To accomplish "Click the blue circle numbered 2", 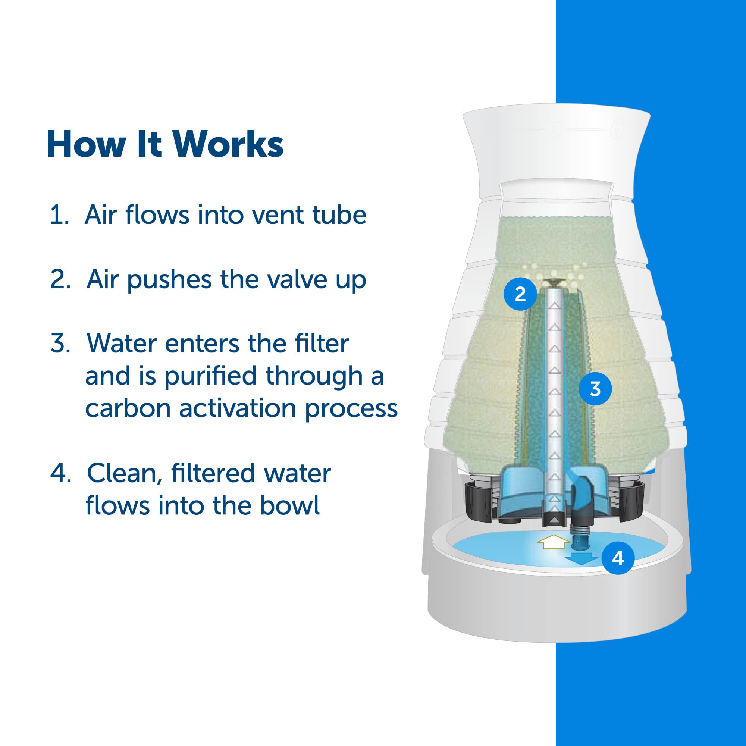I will [520, 295].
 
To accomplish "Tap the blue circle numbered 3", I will [595, 389].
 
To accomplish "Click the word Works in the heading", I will [228, 145].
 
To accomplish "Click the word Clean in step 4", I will [123, 473].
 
